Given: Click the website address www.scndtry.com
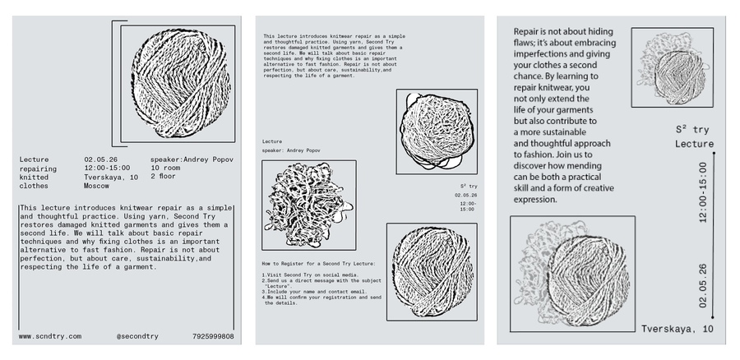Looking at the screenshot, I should (49, 336).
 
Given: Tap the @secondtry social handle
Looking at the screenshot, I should (136, 336).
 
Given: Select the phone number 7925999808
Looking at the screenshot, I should (212, 336).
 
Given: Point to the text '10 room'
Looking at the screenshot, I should (165, 168).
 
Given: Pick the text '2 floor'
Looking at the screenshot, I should (164, 177).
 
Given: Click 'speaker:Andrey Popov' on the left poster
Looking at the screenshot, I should (191, 158).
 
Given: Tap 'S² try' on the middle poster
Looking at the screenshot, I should (469, 187).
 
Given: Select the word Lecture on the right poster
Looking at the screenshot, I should (694, 145).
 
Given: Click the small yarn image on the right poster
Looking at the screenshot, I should (672, 67).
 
